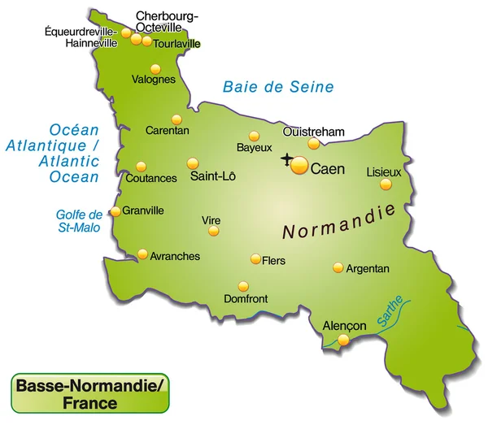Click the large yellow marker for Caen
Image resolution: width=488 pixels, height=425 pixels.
299,167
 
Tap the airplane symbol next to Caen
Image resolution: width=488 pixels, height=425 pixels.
286,158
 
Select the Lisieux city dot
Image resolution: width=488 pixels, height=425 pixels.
386,184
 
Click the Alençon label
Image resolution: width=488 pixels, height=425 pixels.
345,325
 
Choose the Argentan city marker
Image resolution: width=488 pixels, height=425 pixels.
338,267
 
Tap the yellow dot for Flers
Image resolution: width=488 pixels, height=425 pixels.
255,260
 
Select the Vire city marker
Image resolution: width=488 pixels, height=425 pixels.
213,231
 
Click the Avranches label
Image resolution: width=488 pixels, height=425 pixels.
175,256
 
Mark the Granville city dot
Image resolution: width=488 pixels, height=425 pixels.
115,211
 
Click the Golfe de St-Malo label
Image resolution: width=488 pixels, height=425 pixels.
80,221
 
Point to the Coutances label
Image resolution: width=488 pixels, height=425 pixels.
151,178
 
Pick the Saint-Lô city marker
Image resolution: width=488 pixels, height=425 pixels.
193,163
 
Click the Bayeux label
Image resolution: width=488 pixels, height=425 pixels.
254,148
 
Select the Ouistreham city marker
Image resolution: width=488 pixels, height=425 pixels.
313,144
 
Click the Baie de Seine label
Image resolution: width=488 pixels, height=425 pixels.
279,87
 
